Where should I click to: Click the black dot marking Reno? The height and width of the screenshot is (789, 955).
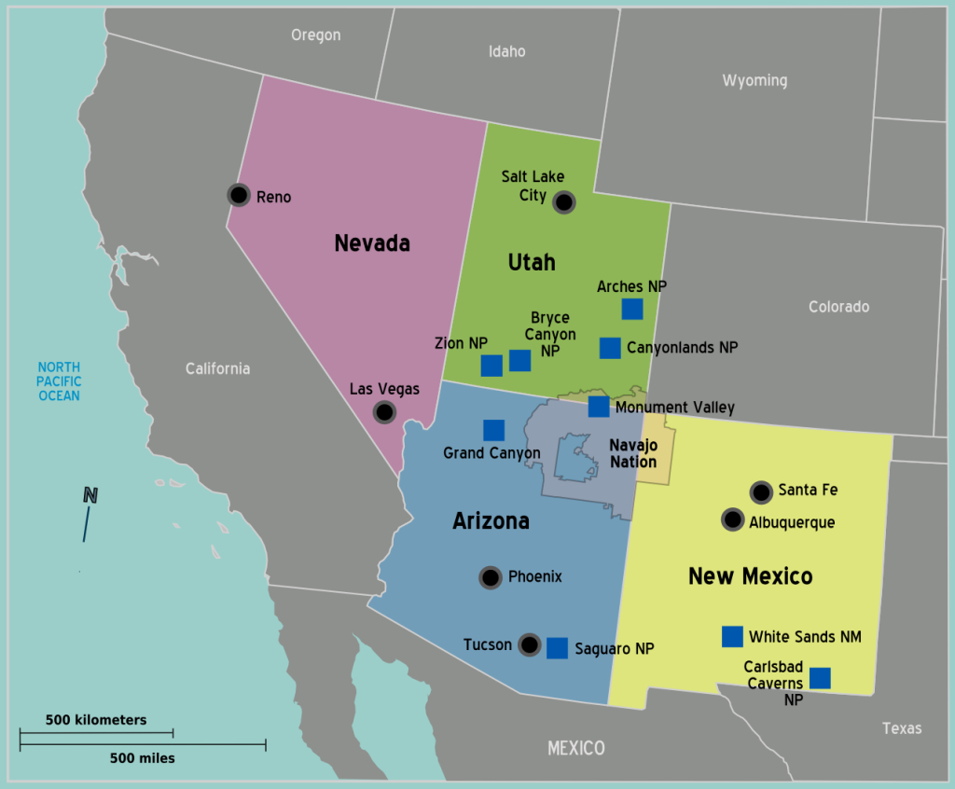[x=239, y=195]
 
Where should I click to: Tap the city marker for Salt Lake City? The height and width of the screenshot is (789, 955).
[x=563, y=201]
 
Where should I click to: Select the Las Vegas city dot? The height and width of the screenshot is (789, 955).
[x=384, y=411]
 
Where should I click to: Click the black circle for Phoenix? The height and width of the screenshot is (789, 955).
[x=491, y=577]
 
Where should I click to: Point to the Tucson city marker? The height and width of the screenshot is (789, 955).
[x=529, y=644]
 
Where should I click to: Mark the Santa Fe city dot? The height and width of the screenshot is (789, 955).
[x=761, y=491]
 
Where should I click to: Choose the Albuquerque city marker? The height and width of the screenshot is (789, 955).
[x=733, y=520]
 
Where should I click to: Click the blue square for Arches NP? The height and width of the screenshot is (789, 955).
[x=632, y=309]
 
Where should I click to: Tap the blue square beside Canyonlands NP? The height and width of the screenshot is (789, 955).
[x=610, y=348]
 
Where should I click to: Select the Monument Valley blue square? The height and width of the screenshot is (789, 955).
[x=599, y=407]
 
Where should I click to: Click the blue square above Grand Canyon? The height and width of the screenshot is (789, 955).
[x=493, y=430]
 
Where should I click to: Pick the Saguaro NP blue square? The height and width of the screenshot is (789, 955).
[x=557, y=648]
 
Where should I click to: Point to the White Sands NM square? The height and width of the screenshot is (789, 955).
[x=733, y=636]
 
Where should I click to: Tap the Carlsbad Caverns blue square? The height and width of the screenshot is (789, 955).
[x=820, y=678]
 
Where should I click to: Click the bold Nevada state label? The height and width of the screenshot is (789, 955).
[x=372, y=243]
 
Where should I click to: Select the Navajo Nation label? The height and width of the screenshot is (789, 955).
[x=633, y=454]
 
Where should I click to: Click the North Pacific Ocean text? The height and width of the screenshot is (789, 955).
[x=59, y=381]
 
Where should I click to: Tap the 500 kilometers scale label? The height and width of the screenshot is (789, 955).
[x=96, y=720]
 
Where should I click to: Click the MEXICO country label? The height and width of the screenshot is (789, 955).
[x=575, y=748]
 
